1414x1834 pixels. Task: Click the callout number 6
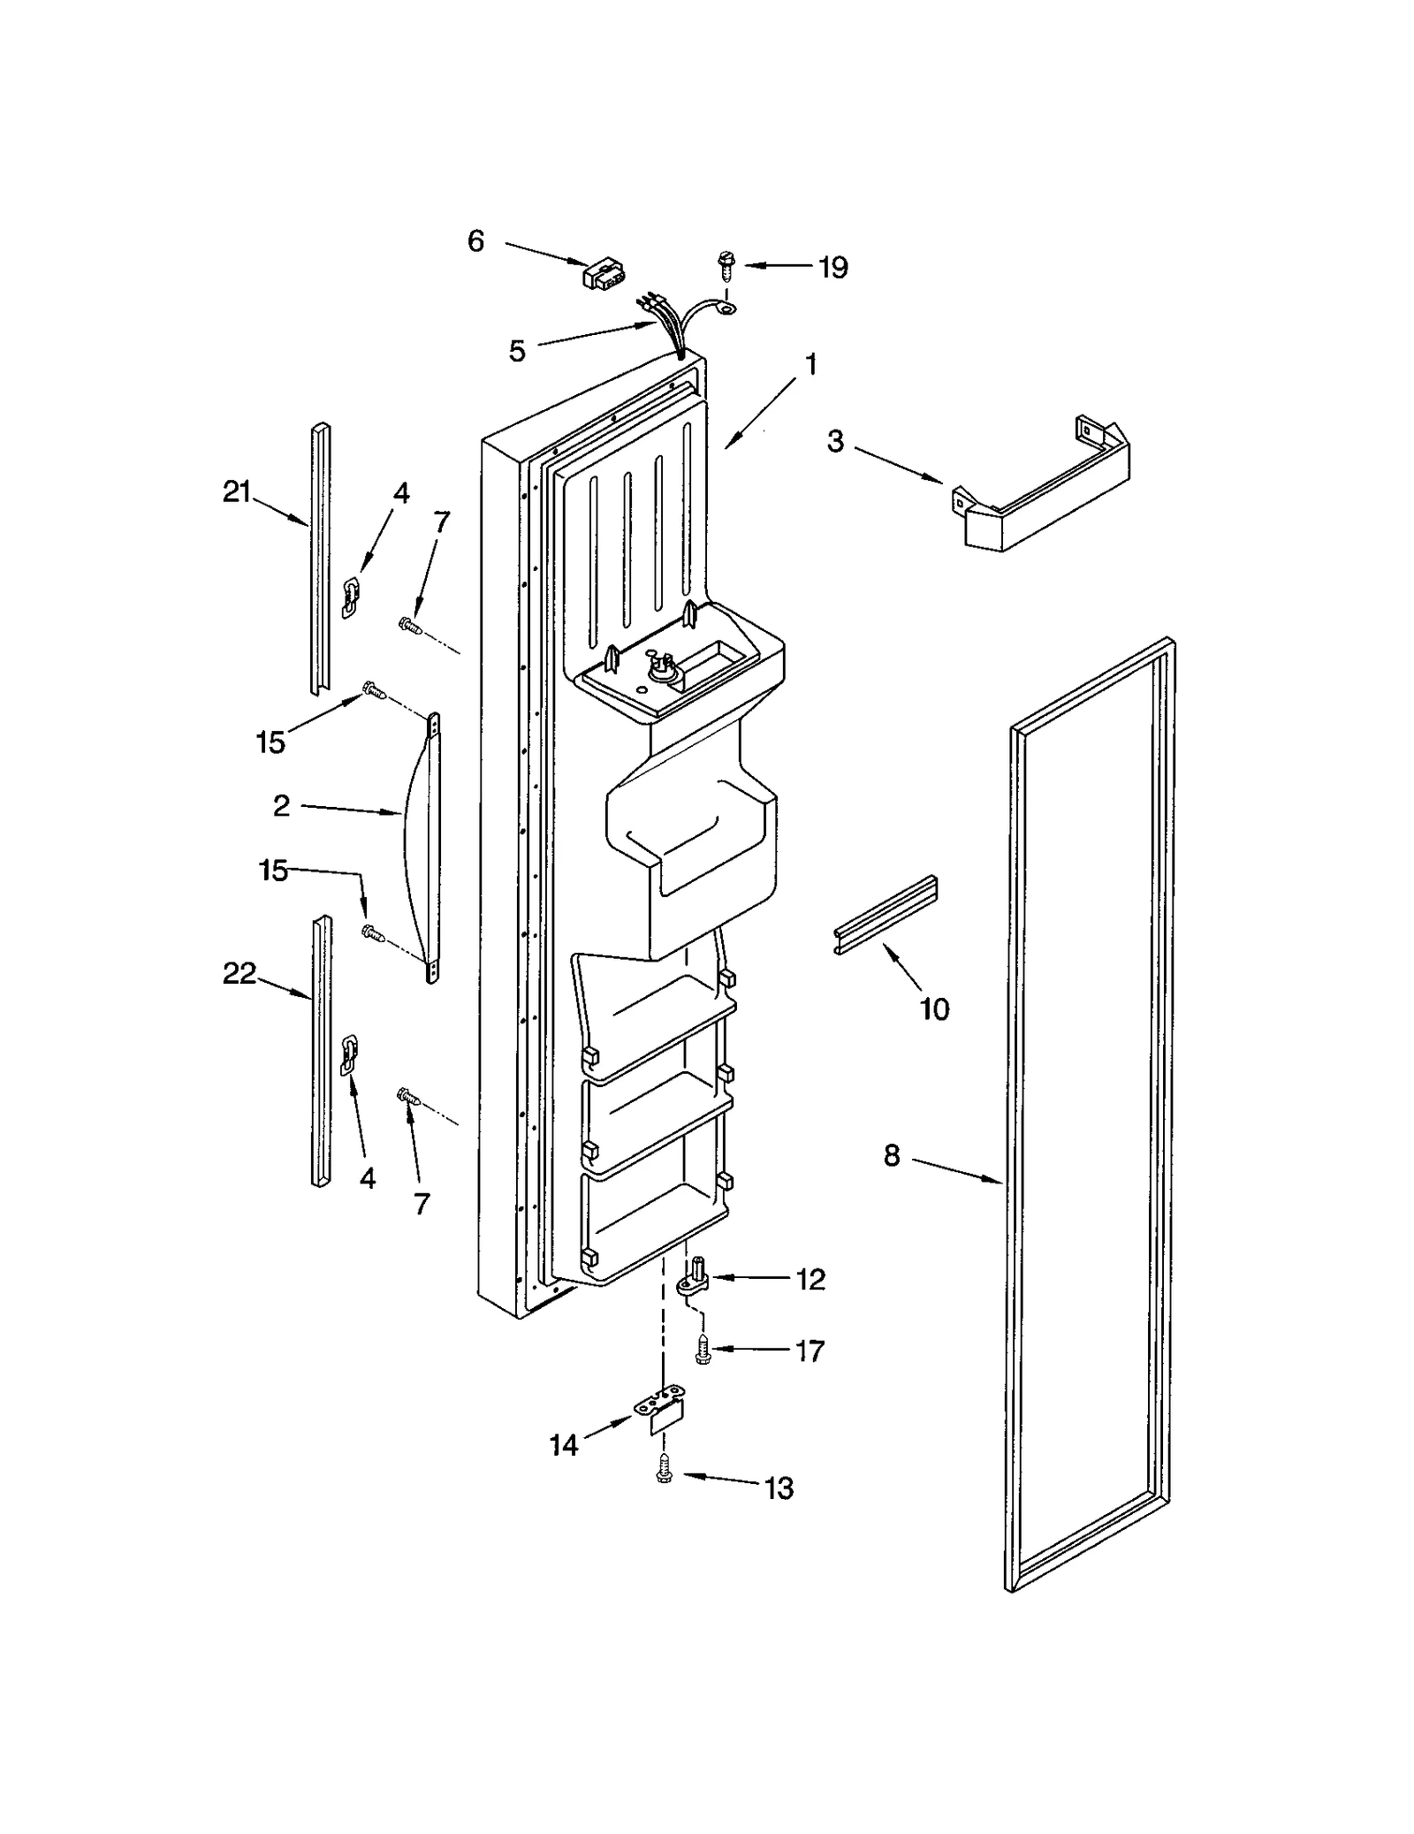(475, 240)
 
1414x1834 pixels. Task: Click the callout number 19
(832, 267)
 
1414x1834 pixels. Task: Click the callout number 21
(237, 491)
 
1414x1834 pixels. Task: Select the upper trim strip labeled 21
(320, 557)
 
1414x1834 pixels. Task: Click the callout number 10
(934, 1008)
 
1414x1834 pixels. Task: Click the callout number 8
(892, 1154)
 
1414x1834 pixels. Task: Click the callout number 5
(517, 351)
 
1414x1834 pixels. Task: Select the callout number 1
(810, 365)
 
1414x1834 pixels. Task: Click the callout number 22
(239, 974)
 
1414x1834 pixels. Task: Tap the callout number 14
(564, 1445)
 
